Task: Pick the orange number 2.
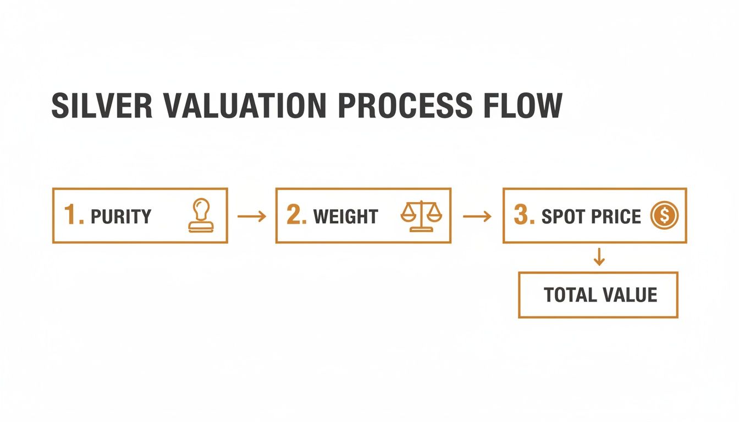click(x=296, y=215)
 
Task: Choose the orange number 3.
click(x=523, y=215)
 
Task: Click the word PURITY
click(x=121, y=216)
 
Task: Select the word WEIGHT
click(x=346, y=216)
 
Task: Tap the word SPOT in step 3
click(x=561, y=216)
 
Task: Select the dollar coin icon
click(x=664, y=215)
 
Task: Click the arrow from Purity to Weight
click(x=251, y=216)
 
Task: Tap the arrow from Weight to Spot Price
click(x=477, y=216)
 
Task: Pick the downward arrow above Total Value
click(x=599, y=257)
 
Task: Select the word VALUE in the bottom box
click(x=629, y=295)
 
